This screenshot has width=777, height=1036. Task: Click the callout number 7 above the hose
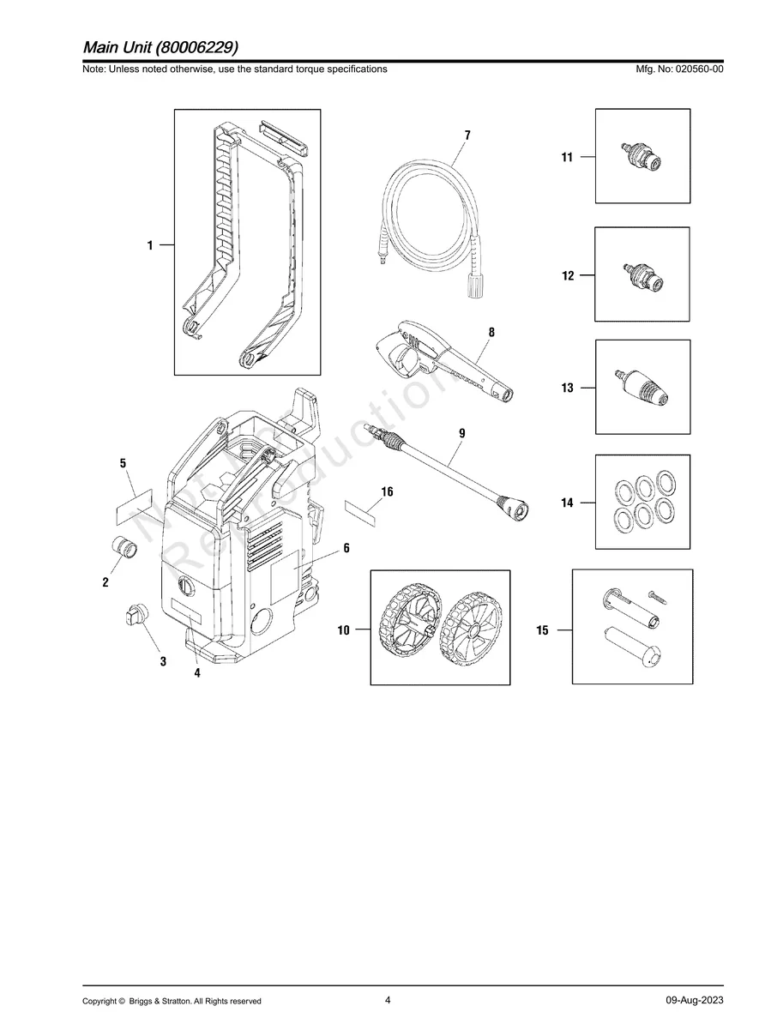coord(467,136)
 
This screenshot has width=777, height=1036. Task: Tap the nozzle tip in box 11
coord(641,156)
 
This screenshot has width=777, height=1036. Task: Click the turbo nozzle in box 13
coord(642,388)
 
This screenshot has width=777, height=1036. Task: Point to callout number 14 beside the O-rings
coord(567,503)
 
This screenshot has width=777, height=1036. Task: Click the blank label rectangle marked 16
coord(364,513)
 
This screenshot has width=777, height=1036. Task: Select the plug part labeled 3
coord(136,613)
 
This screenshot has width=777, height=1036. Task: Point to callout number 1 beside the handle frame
coord(150,245)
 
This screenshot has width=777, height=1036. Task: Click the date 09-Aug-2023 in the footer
coord(694,1001)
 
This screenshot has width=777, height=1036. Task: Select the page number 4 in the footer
coord(388,1000)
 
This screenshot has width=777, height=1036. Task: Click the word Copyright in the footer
coord(99,1001)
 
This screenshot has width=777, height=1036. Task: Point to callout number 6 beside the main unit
coord(346,547)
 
